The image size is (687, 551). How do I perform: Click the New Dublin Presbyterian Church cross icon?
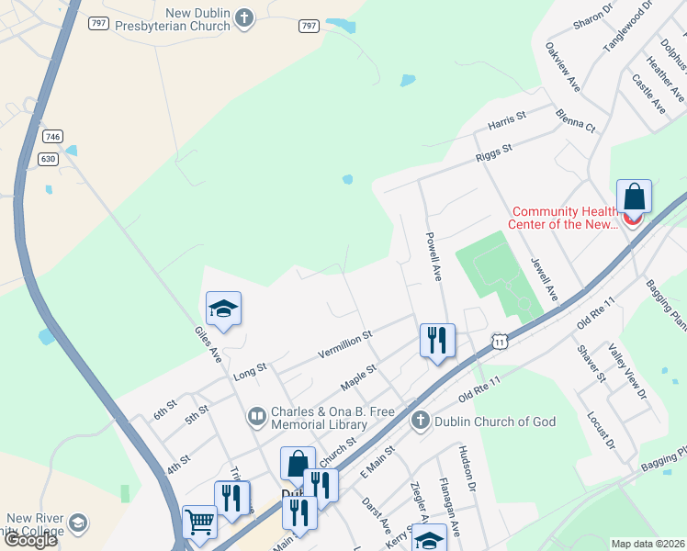pos(243,17)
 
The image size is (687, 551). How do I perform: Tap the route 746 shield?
pos(53,136)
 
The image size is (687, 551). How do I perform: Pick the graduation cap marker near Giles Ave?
pos(223,309)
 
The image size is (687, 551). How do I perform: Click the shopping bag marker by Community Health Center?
pos(634,197)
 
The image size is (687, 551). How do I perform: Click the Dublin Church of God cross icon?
pos(421,421)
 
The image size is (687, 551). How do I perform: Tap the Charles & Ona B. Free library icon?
pos(258,418)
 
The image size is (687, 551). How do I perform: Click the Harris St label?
pos(506,119)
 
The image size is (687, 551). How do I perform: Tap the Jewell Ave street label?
pos(544,278)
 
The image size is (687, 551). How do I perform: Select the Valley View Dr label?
pos(628,371)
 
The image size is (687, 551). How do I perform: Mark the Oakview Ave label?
pos(562,66)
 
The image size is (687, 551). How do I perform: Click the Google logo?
pos(30,540)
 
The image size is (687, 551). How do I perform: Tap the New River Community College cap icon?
pos(79,523)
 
